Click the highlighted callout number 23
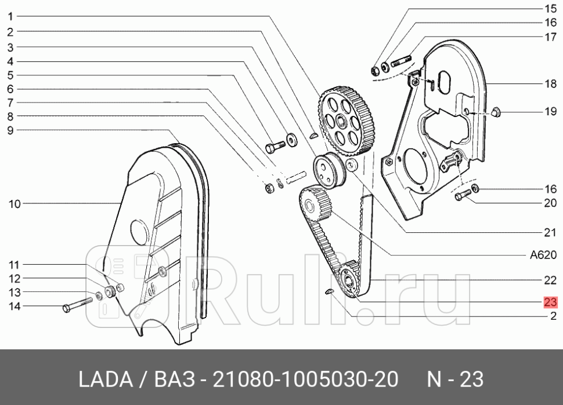point(550,302)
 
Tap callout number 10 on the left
point(15,203)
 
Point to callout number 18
point(550,84)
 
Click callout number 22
point(550,280)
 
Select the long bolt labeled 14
point(76,305)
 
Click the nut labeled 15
point(375,71)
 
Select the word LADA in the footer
point(104,380)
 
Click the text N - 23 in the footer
point(455,380)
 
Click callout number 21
point(550,233)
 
